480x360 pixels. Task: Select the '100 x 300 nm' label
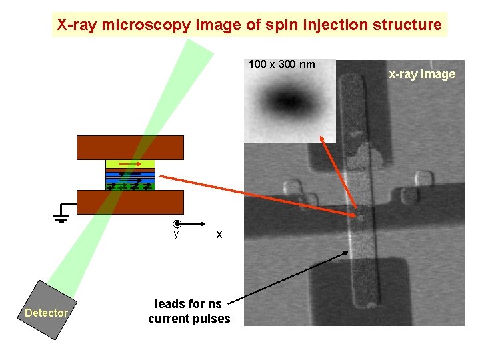coord(281,65)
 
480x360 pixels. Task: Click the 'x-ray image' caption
coord(422,74)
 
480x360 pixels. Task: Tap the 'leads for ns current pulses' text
coord(189,311)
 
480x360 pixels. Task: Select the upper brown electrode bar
coord(130,147)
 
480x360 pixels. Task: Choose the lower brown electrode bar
coord(130,202)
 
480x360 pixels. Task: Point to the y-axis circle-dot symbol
coord(176,225)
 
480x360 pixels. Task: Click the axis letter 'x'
coord(219,235)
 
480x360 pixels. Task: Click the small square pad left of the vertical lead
coord(291,186)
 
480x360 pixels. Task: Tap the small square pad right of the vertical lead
coord(421,179)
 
